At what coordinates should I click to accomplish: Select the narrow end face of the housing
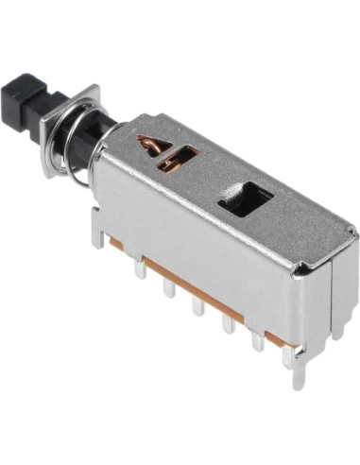(x=331, y=293)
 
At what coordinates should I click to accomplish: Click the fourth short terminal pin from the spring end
(x=227, y=321)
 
